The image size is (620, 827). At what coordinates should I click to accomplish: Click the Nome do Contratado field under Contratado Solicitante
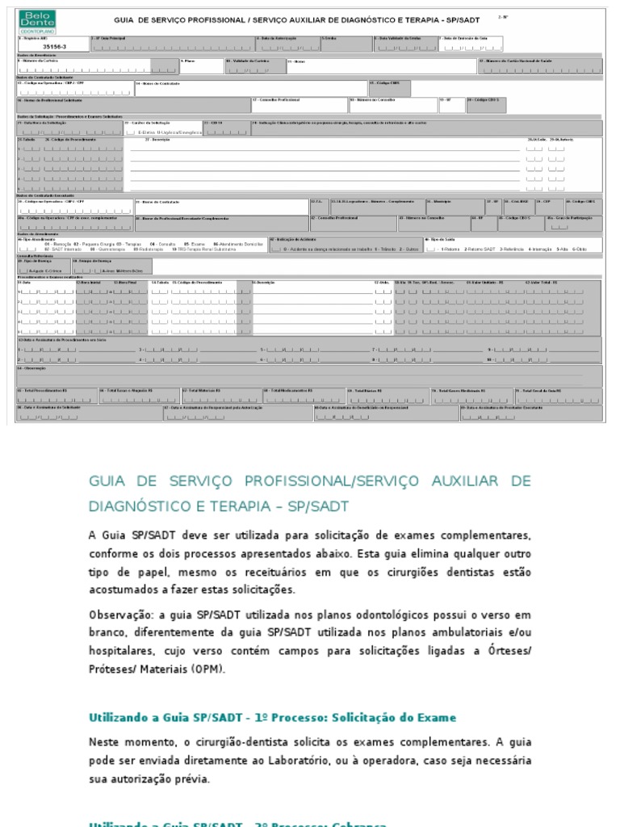pos(250,88)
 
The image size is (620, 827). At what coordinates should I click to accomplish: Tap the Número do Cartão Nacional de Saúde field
pos(539,67)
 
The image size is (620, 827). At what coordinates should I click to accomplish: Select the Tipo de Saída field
pos(512,247)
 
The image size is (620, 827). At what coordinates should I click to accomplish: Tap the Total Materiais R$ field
pos(221,396)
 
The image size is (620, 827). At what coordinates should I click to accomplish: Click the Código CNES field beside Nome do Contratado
pos(390,87)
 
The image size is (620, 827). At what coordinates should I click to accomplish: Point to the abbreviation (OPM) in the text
pos(209,670)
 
